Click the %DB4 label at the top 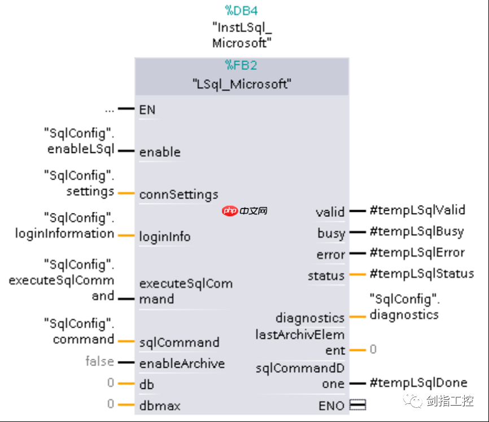242,10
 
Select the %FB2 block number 242,66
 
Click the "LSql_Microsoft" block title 242,85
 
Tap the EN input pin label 147,110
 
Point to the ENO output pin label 331,405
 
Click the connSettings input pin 178,194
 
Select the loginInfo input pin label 165,237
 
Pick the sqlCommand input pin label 180,342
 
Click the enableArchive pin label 182,363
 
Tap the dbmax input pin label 160,406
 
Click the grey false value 100,361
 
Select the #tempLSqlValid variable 417,210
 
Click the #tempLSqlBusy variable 416,231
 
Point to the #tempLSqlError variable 417,253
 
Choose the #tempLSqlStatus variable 421,273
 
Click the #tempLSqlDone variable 418,383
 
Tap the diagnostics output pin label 310,318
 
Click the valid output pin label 330,212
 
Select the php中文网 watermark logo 244,211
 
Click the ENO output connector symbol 357,404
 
